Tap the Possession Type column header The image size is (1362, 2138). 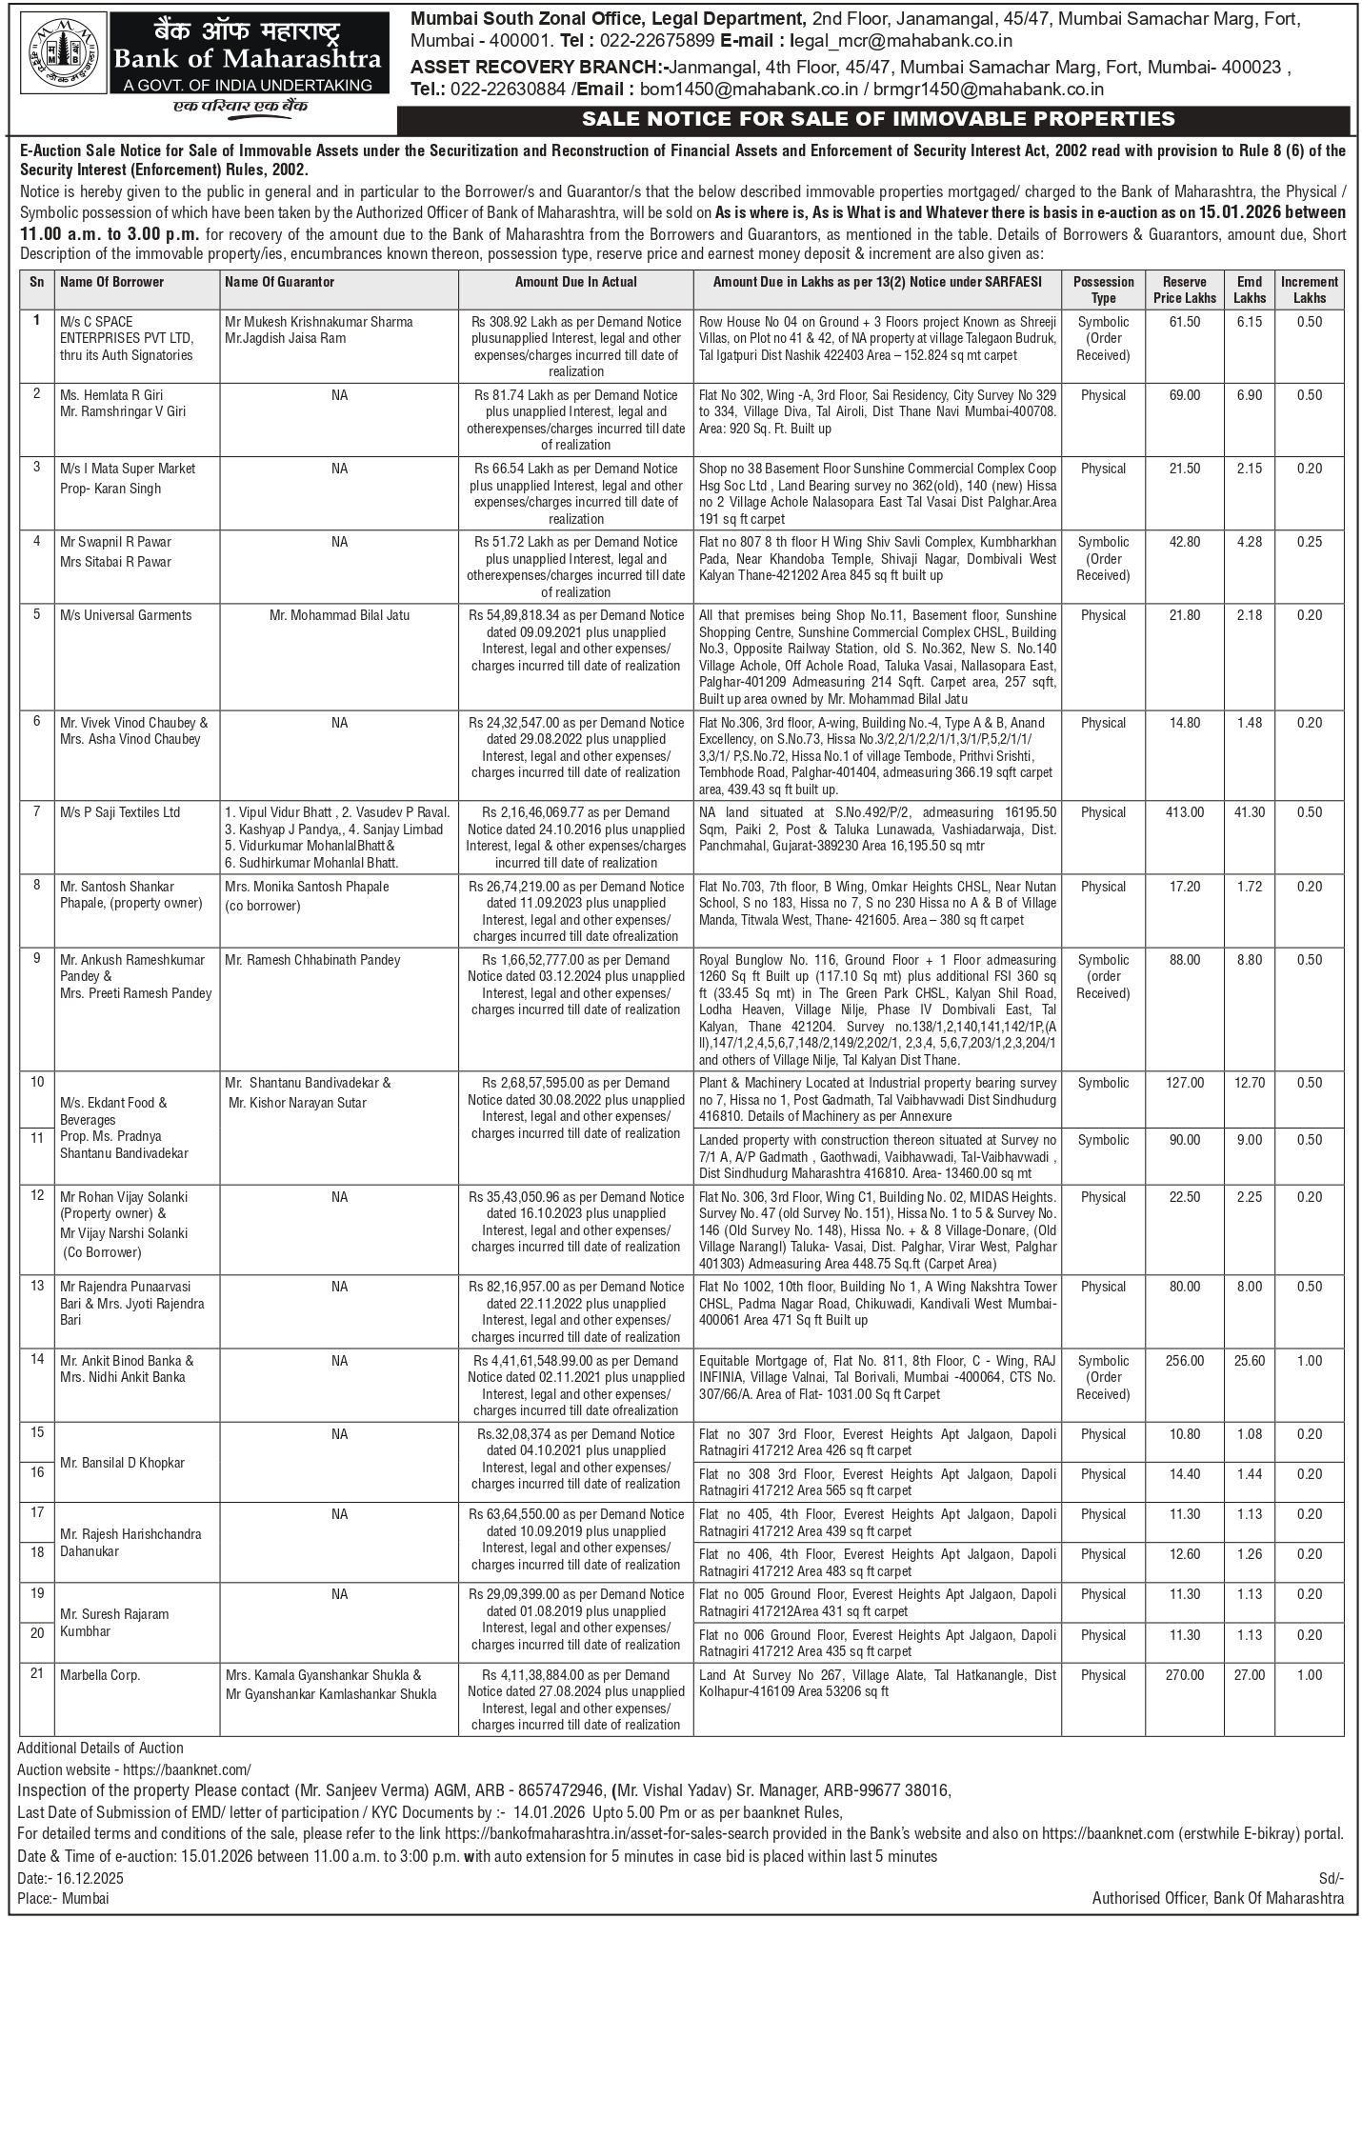point(1103,290)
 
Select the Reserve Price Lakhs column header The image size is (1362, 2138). point(1185,290)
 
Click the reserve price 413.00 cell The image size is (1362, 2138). point(1185,812)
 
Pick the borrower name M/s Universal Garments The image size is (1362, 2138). point(126,615)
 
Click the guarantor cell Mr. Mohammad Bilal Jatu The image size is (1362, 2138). point(340,615)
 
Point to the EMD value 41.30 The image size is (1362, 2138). point(1250,812)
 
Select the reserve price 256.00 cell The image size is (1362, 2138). point(1185,1361)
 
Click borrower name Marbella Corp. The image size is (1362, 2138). point(100,1675)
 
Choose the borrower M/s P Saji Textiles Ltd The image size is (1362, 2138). point(120,812)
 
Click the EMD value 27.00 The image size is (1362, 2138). point(1250,1675)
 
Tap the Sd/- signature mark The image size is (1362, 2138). point(1331,1878)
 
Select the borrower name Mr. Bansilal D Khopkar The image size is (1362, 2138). point(122,1463)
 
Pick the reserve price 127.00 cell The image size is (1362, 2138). point(1185,1083)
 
